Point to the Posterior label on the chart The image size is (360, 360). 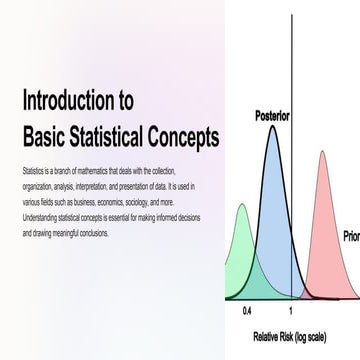tap(272, 116)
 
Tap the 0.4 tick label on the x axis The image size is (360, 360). tap(247, 312)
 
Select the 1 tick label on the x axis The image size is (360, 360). tap(291, 312)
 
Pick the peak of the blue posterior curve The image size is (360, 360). tap(272, 127)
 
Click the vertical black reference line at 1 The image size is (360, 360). tap(292, 200)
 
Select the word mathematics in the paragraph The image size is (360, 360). tap(99, 172)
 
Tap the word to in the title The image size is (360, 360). tap(127, 100)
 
